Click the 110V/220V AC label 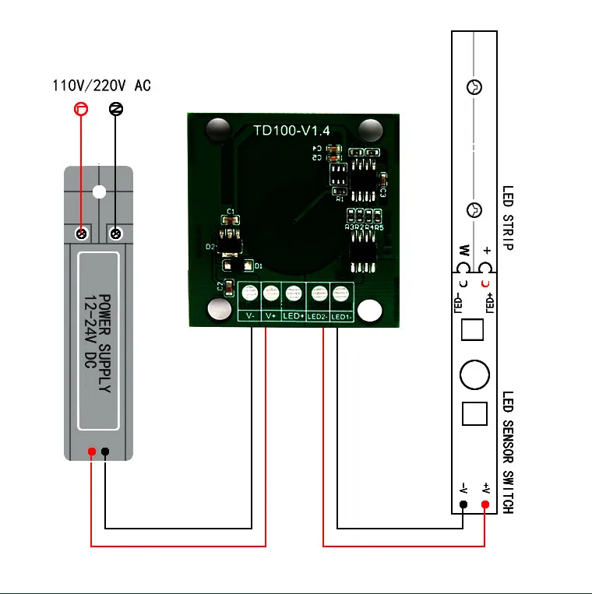[101, 85]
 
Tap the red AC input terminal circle [79, 108]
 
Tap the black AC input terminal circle [115, 108]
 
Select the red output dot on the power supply [92, 452]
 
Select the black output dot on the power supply [105, 452]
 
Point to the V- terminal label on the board [249, 317]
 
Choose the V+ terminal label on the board [271, 317]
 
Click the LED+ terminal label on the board [294, 317]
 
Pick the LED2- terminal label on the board [318, 317]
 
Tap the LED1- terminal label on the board [341, 317]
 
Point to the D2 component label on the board [210, 246]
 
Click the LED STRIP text [507, 217]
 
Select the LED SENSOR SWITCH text [507, 452]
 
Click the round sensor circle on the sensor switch [474, 374]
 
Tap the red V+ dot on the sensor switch [485, 505]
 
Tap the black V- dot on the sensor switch [463, 505]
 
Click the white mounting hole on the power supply [98, 192]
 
